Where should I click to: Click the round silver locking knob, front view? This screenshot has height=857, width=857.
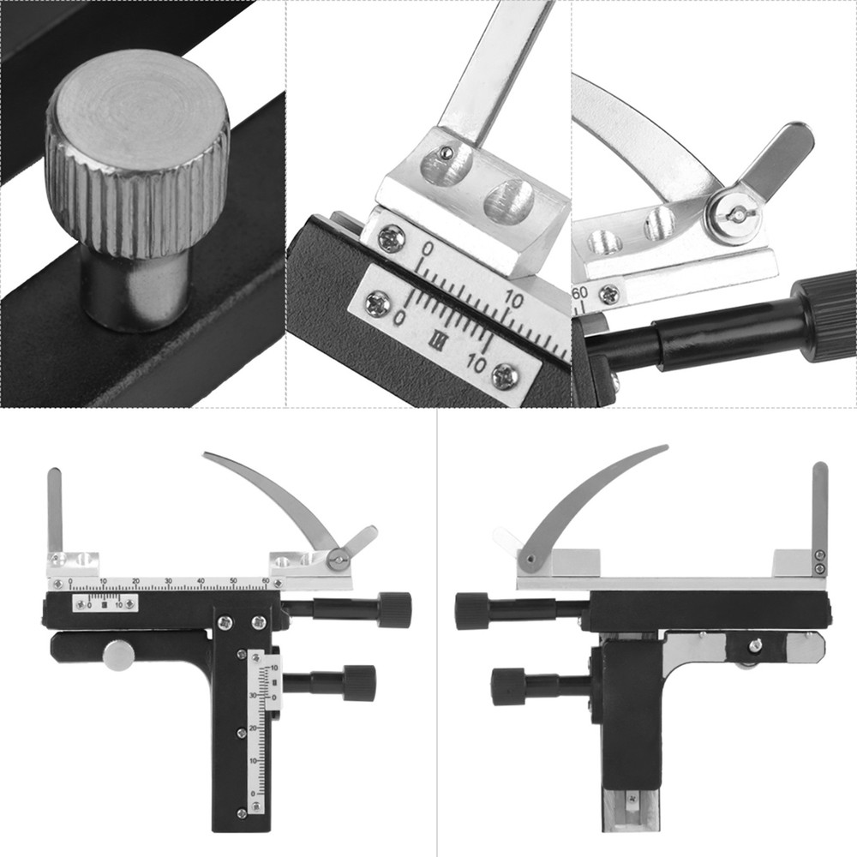pyautogui.click(x=118, y=656)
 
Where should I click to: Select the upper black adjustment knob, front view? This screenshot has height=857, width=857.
pyautogui.click(x=394, y=609)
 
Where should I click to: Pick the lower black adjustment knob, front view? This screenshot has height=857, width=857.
pyautogui.click(x=359, y=683)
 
